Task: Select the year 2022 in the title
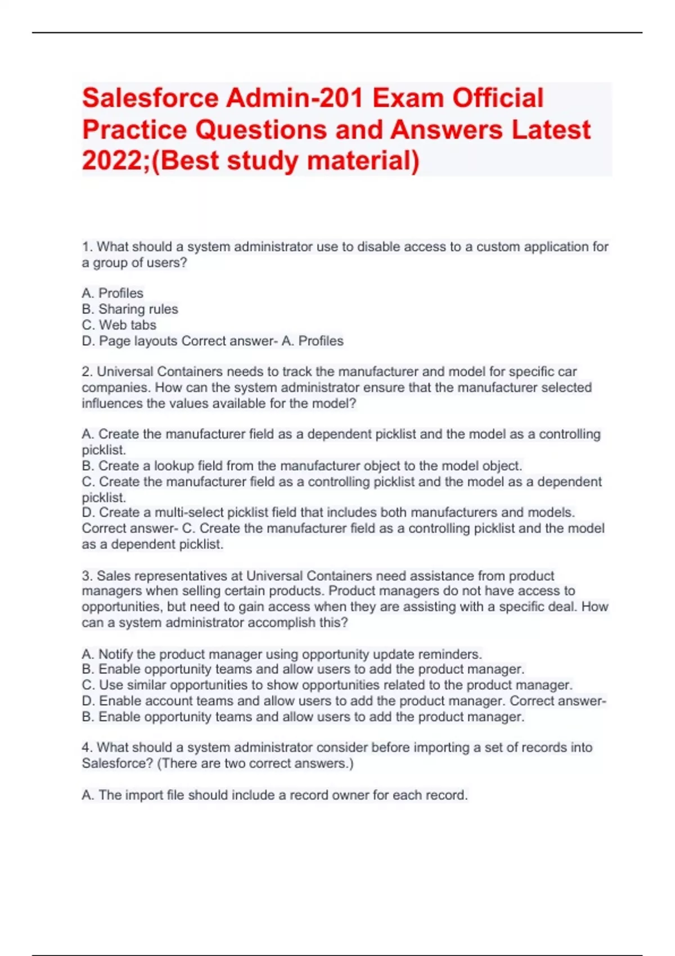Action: (x=110, y=160)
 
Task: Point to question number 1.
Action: (x=87, y=247)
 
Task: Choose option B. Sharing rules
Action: (x=130, y=309)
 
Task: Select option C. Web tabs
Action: (x=119, y=325)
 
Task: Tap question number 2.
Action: (x=87, y=372)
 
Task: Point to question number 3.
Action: (x=87, y=576)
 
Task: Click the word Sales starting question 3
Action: (x=111, y=576)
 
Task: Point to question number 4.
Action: (x=87, y=748)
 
